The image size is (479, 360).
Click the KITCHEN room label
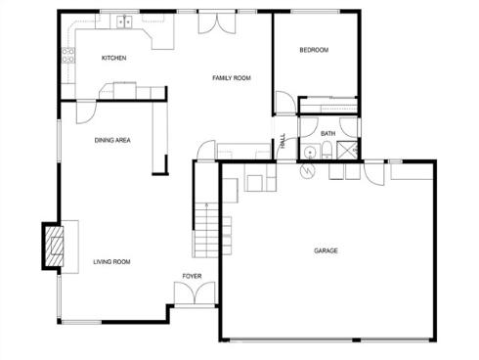[x=114, y=58]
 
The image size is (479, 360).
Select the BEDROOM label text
[x=314, y=50]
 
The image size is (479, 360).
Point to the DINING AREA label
[x=112, y=140]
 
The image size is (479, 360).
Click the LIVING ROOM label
[x=111, y=261]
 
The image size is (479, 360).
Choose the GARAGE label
[x=326, y=251]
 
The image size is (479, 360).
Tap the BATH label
[x=327, y=133]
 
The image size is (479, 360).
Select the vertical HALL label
[x=283, y=141]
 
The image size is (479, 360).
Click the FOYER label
[x=192, y=276]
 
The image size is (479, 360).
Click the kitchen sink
[x=124, y=22]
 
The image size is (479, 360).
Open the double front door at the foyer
[x=192, y=292]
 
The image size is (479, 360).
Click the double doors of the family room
[x=214, y=22]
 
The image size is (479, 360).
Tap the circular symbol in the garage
[x=308, y=169]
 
